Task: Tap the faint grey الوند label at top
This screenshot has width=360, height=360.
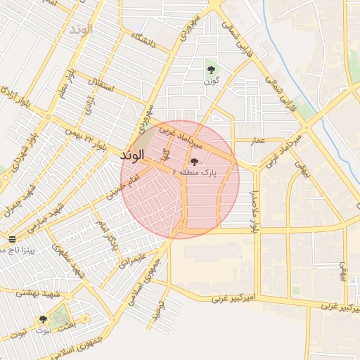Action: click(82, 30)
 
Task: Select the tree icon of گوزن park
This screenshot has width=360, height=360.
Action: click(210, 69)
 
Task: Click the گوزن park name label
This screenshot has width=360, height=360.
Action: click(210, 82)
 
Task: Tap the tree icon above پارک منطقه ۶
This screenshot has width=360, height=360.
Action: click(194, 161)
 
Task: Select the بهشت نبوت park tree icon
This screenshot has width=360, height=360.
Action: click(44, 319)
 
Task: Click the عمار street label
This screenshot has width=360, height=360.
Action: click(258, 140)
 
